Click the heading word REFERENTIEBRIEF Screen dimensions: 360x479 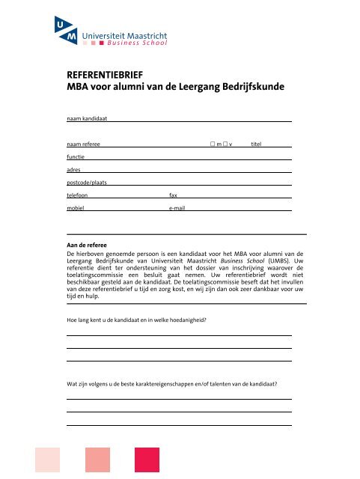point(106,76)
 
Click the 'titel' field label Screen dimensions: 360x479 point(257,144)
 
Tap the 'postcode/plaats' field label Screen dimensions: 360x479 point(87,182)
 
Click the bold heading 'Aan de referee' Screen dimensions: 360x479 point(86,245)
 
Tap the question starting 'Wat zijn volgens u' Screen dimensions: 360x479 point(172,384)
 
